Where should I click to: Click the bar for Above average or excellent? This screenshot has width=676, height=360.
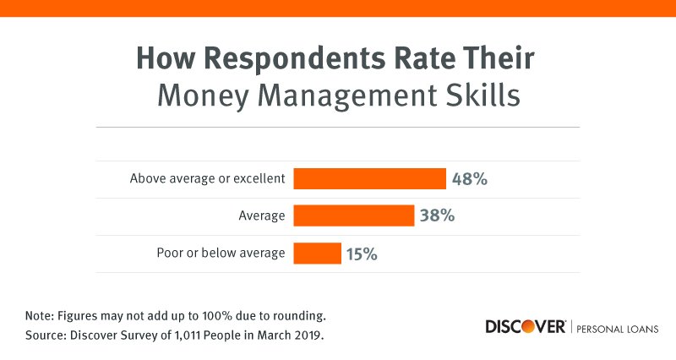369,179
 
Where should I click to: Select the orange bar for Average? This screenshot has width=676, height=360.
353,215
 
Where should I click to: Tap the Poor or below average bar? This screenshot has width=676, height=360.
317,253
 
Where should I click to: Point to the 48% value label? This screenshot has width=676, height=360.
470,179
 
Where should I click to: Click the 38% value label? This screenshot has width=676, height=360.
437,215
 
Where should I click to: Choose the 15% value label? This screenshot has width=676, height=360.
359,253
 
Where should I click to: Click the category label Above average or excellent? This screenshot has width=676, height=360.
207,179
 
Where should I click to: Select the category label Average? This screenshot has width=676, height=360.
262,216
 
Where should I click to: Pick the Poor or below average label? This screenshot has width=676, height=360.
221,253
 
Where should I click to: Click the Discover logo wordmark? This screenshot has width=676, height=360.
525,327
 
